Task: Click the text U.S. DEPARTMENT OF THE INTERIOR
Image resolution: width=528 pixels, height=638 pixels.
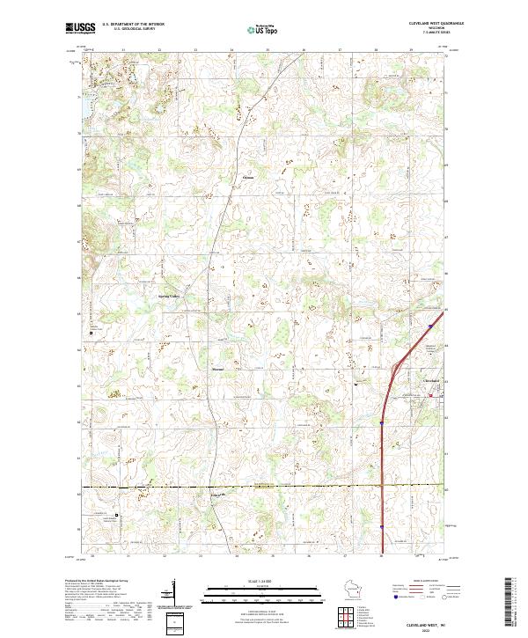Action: coord(133,24)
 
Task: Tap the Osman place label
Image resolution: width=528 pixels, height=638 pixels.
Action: coord(247,176)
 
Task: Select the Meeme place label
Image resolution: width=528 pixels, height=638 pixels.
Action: coord(219,368)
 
